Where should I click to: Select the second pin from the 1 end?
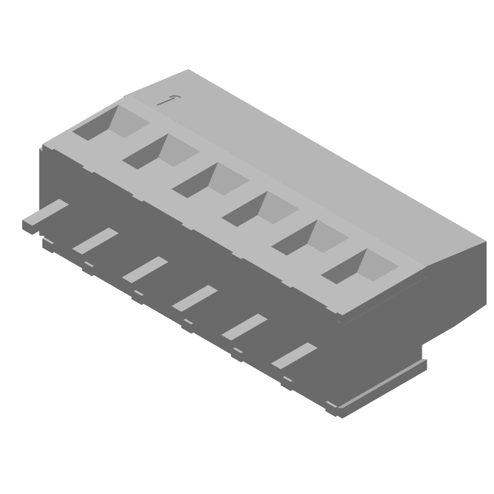tap(95, 240)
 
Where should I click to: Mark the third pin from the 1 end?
tap(144, 269)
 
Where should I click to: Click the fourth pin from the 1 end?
tap(195, 297)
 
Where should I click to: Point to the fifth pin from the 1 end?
tap(244, 326)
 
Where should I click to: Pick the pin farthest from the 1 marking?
tap(294, 354)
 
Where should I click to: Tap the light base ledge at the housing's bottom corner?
tap(377, 386)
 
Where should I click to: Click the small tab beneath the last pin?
tap(287, 377)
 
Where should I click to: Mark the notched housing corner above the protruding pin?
tap(43, 148)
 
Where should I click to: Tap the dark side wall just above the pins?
tap(185, 247)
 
